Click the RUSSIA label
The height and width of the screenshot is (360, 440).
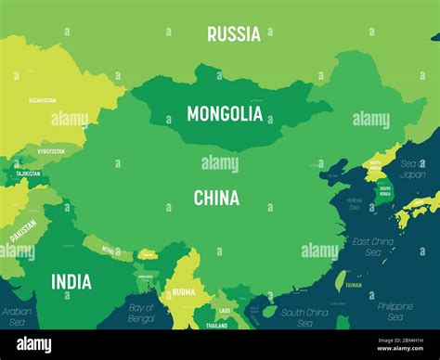(233, 34)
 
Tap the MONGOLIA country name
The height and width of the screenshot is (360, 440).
(225, 114)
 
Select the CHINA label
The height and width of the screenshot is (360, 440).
(216, 198)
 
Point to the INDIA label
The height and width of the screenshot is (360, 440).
(71, 281)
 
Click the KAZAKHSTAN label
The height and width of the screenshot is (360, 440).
(42, 99)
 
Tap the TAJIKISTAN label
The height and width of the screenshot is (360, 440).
(27, 174)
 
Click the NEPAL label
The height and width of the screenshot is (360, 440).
(110, 251)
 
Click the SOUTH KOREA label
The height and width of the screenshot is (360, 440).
(384, 191)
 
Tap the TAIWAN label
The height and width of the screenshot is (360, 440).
(354, 286)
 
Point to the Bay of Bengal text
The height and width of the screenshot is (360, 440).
(141, 313)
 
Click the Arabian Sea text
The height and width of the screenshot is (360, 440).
(17, 317)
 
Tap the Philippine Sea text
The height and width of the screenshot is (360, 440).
(395, 311)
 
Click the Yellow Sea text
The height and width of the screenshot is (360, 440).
(355, 204)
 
